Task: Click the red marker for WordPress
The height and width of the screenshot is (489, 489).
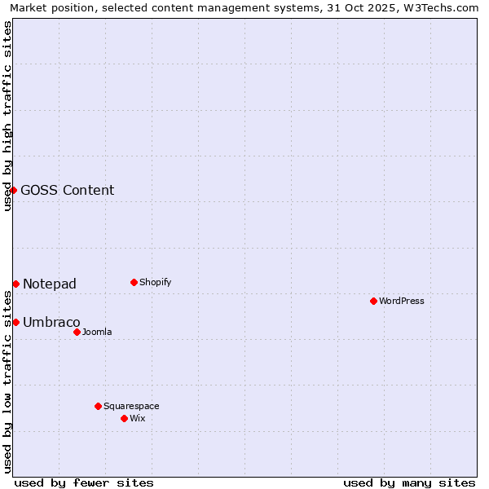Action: (x=373, y=301)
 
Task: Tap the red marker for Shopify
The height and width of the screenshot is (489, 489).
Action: (x=134, y=282)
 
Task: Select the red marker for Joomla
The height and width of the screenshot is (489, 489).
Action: (x=77, y=332)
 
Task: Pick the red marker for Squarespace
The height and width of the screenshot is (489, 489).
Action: (x=98, y=406)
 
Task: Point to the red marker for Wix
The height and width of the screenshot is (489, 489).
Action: (x=124, y=418)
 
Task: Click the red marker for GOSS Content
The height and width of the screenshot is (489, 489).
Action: (x=13, y=190)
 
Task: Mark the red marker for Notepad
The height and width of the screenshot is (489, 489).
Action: (x=15, y=284)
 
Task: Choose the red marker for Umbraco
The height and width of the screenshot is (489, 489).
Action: (x=15, y=322)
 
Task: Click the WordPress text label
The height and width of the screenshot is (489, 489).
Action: (x=402, y=301)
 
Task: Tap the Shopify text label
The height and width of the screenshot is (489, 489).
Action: (x=155, y=282)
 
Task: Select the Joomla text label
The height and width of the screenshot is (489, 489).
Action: (x=97, y=332)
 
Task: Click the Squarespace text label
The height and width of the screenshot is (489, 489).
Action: (x=131, y=406)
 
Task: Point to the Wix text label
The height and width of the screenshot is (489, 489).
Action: (x=137, y=418)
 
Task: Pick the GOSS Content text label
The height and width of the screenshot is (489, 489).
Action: (x=68, y=190)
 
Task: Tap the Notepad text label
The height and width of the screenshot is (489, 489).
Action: (x=50, y=284)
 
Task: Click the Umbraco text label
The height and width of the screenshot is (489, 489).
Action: (x=51, y=322)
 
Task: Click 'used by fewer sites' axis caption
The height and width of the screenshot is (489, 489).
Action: (x=84, y=482)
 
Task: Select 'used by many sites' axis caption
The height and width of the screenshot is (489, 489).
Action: (x=409, y=482)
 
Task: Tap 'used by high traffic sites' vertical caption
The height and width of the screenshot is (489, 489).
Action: (x=7, y=116)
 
